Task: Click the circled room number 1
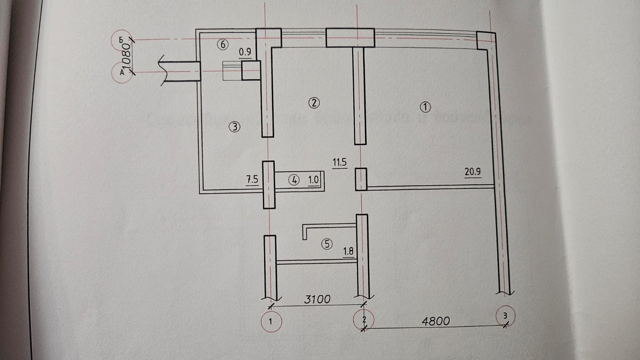pos(425,107)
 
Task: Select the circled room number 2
pos(314,103)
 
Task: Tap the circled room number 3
pos(234,127)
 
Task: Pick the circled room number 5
pos(327,244)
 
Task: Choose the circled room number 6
pos(223,44)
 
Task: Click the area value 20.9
pos(472,172)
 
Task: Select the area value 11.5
pos(339,162)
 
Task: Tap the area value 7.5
pos(252,179)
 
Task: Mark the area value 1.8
pos(348,251)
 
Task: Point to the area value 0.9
pos(245,52)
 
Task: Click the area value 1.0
pos(313,180)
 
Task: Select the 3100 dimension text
pos(317,299)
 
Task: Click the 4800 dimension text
pos(436,321)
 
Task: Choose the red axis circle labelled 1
pos(271,321)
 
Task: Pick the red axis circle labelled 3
pos(505,316)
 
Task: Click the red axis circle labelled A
pos(122,73)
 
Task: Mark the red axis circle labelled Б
pos(122,40)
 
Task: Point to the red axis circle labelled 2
pos(364,320)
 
